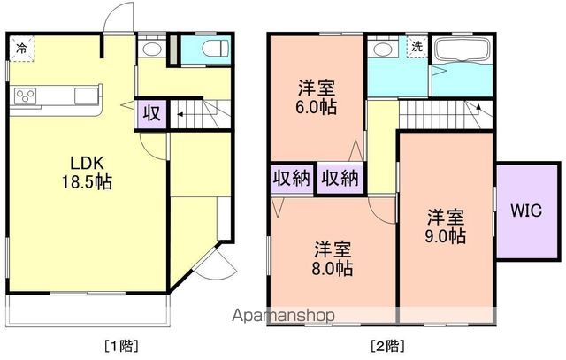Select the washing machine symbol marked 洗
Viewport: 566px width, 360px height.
click(416, 47)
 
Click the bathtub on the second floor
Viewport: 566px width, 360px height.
click(462, 50)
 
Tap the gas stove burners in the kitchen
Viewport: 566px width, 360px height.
click(24, 96)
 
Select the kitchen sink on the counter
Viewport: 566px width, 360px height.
click(86, 96)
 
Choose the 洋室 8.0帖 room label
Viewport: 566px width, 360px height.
click(333, 257)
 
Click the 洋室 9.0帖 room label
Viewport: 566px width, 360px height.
click(446, 226)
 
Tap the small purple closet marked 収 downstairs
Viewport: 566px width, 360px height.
click(151, 113)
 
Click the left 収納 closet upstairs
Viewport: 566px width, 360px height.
click(291, 178)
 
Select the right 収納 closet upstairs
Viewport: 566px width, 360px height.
click(340, 178)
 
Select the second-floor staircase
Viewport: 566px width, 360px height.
click(442, 112)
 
